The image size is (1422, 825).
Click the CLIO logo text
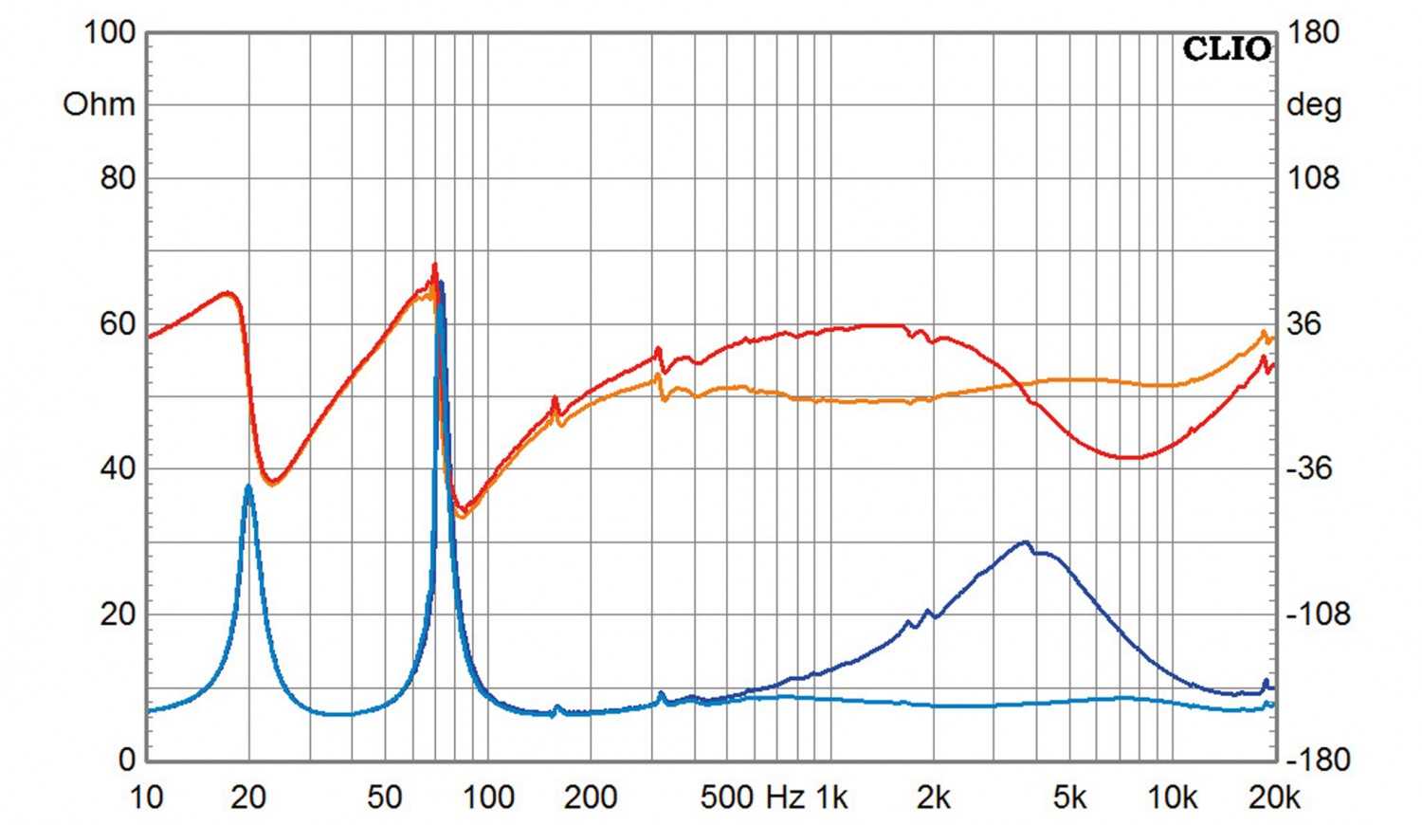pos(1226,48)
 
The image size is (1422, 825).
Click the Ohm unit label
pos(99,104)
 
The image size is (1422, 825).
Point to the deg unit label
pos(1313,104)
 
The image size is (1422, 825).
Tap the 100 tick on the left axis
pos(110,32)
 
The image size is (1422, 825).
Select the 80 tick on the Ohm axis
pos(118,177)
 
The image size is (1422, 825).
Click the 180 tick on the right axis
pos(1313,32)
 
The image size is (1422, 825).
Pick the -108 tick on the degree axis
pos(1317,614)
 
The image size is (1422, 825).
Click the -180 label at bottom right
pos(1317,760)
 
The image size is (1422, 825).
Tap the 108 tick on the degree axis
pos(1313,177)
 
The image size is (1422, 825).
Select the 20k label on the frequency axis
pos(1274,798)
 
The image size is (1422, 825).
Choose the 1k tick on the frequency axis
pos(831,798)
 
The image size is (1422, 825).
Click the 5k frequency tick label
pos(1069,798)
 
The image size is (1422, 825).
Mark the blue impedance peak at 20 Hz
pos(248,486)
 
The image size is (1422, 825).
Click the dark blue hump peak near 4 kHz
pos(1024,542)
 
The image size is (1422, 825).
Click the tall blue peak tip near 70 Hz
pos(440,284)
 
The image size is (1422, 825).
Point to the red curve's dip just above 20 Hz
pos(272,481)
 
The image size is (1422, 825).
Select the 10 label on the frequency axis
pos(147,798)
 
